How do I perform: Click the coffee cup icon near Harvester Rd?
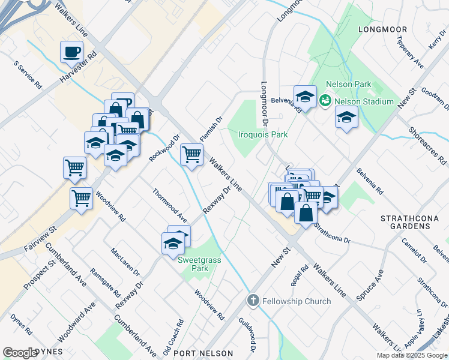click(72, 52)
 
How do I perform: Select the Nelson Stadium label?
click(364, 101)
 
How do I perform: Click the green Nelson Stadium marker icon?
click(325, 100)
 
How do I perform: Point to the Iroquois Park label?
click(263, 134)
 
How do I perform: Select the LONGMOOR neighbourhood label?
click(382, 29)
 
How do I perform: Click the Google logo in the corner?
click(20, 353)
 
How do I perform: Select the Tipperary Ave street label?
click(411, 52)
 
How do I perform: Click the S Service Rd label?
click(27, 75)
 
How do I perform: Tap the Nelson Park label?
click(349, 85)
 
